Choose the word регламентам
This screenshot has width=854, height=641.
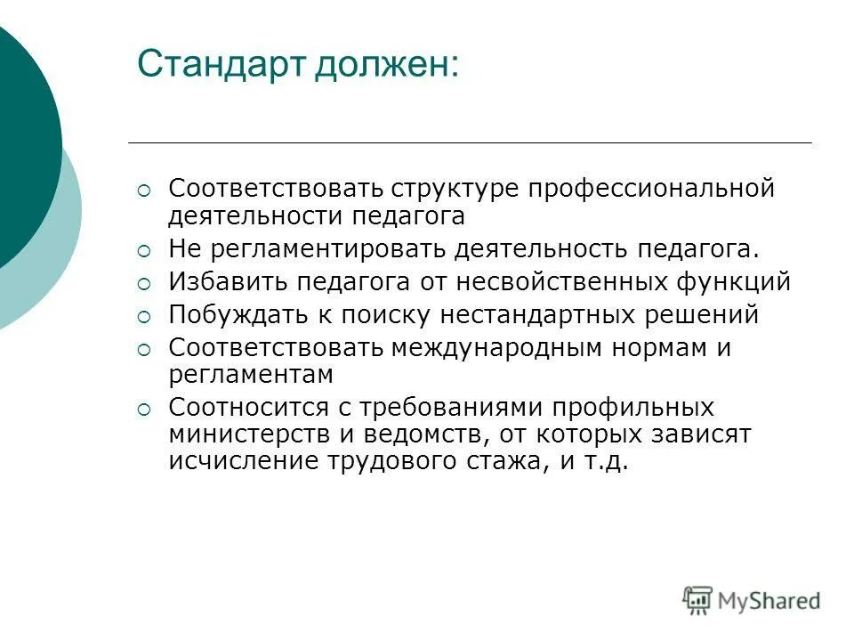(250, 375)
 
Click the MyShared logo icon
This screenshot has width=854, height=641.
(697, 600)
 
